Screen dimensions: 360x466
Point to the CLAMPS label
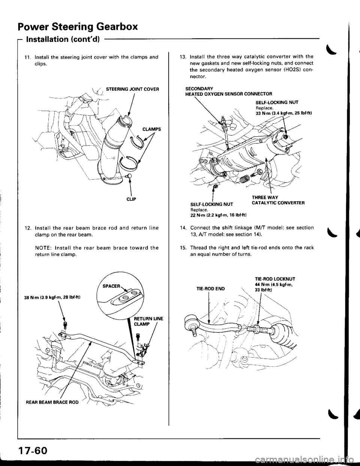click(152, 129)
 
